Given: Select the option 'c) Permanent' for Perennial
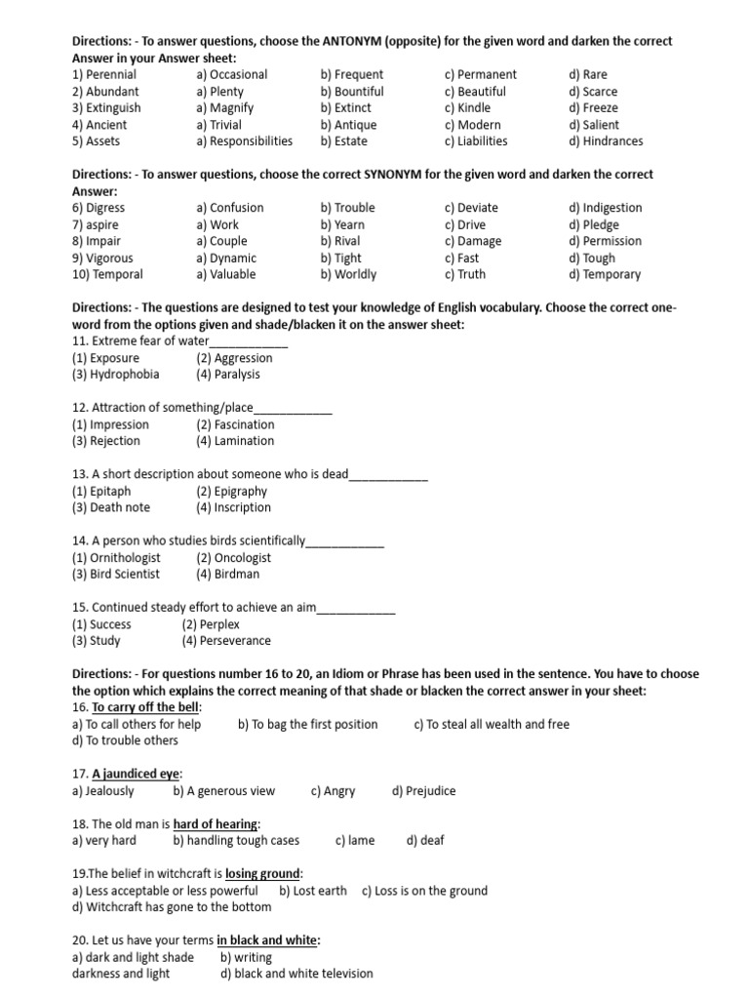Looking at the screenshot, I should (x=480, y=75).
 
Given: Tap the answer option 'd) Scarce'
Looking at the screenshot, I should (x=593, y=92).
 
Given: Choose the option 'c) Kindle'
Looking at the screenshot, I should (x=467, y=108).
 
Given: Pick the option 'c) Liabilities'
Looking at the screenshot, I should (x=475, y=141).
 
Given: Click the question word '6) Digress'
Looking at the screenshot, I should (x=99, y=208).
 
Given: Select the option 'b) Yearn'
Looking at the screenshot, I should (x=341, y=225).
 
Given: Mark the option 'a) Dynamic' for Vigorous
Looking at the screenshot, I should (x=226, y=259).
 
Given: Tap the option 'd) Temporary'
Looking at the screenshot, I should (x=605, y=275).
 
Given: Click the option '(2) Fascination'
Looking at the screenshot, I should (x=235, y=425).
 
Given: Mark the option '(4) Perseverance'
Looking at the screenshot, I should (x=226, y=641).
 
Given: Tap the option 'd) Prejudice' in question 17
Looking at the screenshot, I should (x=423, y=791).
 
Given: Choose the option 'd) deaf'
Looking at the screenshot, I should (x=425, y=841).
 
